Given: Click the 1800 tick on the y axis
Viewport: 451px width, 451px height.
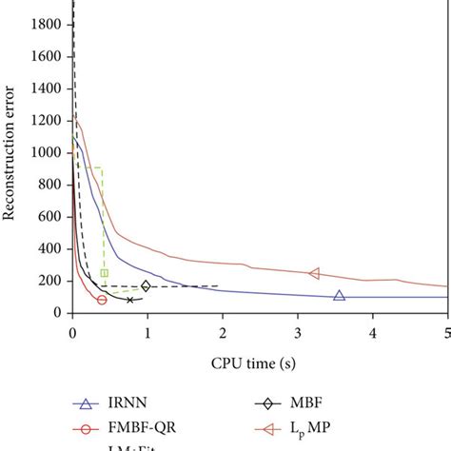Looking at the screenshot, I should click(48, 23).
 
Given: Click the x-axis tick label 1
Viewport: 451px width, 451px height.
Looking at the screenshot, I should click(147, 332).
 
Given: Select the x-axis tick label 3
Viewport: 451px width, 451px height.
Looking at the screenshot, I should click(298, 332).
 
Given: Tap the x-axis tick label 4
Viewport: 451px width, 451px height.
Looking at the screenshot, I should click(373, 332).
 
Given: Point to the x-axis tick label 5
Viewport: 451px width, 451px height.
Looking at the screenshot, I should click(447, 332).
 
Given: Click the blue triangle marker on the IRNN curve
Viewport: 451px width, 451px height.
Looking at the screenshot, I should click(339, 296).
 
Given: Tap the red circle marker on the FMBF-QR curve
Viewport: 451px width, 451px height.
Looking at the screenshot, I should click(102, 300).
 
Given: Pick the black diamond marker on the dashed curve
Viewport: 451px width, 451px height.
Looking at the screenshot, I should click(146, 286).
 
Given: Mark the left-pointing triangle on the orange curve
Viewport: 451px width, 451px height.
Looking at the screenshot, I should click(315, 274).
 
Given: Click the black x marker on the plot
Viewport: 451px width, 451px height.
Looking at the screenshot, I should click(130, 300).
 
